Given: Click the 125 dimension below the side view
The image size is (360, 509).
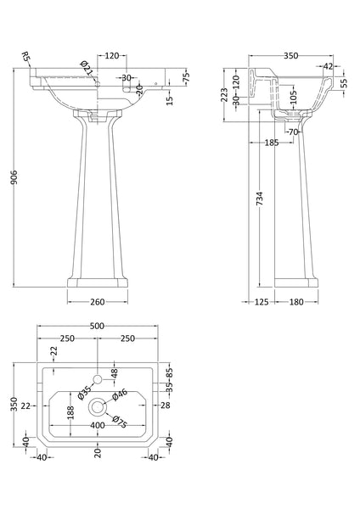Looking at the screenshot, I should [263, 300].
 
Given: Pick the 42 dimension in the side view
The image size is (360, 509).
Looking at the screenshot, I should [329, 64].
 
